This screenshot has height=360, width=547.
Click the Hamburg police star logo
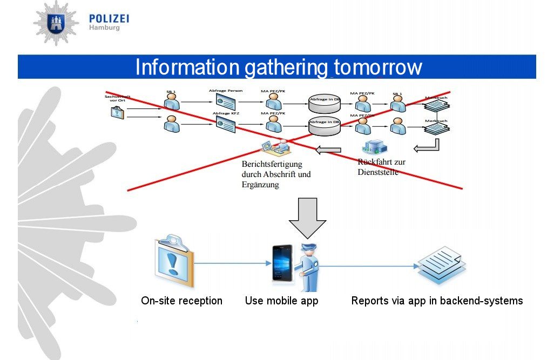point(56,23)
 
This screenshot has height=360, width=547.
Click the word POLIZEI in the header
point(109,19)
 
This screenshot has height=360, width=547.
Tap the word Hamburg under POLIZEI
point(104,28)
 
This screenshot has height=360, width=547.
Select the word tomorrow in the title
point(377,67)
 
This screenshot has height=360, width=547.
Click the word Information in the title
point(187,67)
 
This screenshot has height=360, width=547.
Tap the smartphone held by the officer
point(281,263)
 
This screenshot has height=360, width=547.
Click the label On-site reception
point(181,301)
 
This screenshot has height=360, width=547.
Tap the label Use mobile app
point(281,301)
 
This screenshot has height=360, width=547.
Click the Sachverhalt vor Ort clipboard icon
point(117,112)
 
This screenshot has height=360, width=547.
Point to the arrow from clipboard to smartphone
point(232,263)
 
